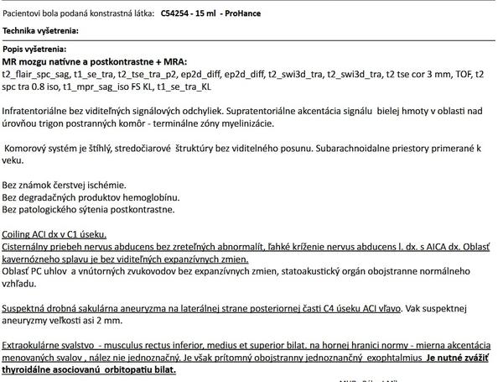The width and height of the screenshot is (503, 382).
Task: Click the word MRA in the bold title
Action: coord(171,62)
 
